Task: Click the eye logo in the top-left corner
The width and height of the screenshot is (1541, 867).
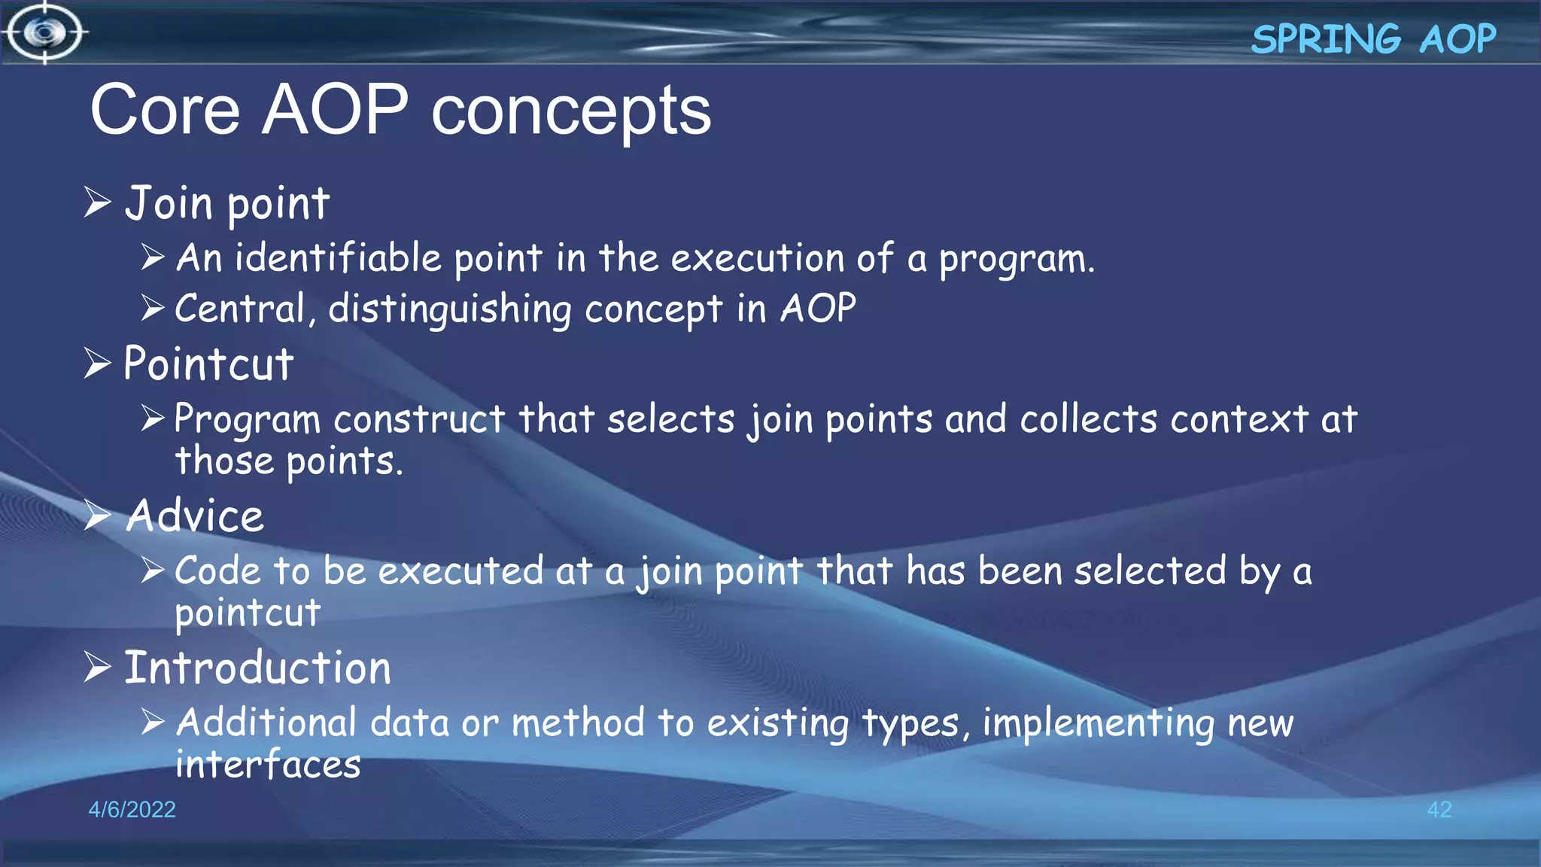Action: click(x=45, y=32)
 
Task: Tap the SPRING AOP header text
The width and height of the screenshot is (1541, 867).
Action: click(x=1372, y=39)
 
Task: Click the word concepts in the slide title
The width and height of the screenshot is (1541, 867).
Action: click(x=571, y=111)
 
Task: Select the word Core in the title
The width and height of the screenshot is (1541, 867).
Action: click(x=165, y=111)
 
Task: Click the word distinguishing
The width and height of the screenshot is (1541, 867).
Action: click(x=449, y=309)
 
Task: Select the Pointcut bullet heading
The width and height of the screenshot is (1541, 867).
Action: click(x=208, y=364)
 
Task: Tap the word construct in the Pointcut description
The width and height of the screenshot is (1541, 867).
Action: click(x=418, y=419)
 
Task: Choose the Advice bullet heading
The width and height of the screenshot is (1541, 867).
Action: click(x=195, y=516)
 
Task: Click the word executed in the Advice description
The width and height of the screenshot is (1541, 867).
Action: click(x=460, y=571)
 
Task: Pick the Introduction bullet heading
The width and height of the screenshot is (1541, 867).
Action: click(x=257, y=668)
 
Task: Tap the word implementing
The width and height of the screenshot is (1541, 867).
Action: click(x=1098, y=723)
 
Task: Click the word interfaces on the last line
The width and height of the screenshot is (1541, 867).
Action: click(x=268, y=765)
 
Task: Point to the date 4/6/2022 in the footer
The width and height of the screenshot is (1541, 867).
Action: click(x=132, y=809)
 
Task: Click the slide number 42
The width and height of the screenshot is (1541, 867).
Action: click(x=1439, y=809)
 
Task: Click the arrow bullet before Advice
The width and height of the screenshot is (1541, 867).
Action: click(x=98, y=516)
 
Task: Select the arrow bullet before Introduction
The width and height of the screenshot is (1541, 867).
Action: click(x=98, y=667)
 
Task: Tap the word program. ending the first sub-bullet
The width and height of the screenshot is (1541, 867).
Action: click(x=1016, y=260)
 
